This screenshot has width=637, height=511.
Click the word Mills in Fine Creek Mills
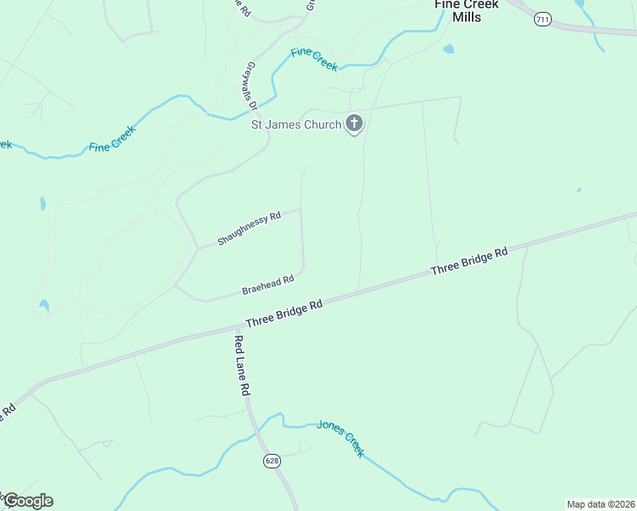click(467, 17)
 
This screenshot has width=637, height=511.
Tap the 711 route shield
click(542, 19)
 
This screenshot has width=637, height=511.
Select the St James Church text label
click(296, 124)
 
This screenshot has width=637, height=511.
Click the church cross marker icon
click(354, 124)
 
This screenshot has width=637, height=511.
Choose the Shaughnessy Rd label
click(249, 229)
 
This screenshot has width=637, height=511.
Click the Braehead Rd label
click(267, 284)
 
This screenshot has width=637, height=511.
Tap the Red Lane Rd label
click(241, 365)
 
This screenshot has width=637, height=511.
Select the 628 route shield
click(272, 461)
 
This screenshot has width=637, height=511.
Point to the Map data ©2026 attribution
click(600, 503)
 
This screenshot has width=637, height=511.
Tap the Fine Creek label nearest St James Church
click(314, 60)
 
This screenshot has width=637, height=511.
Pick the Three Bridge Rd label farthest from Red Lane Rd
click(468, 260)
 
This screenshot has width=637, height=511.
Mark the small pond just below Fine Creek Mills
click(448, 49)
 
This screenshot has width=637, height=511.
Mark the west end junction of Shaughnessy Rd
click(198, 248)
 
